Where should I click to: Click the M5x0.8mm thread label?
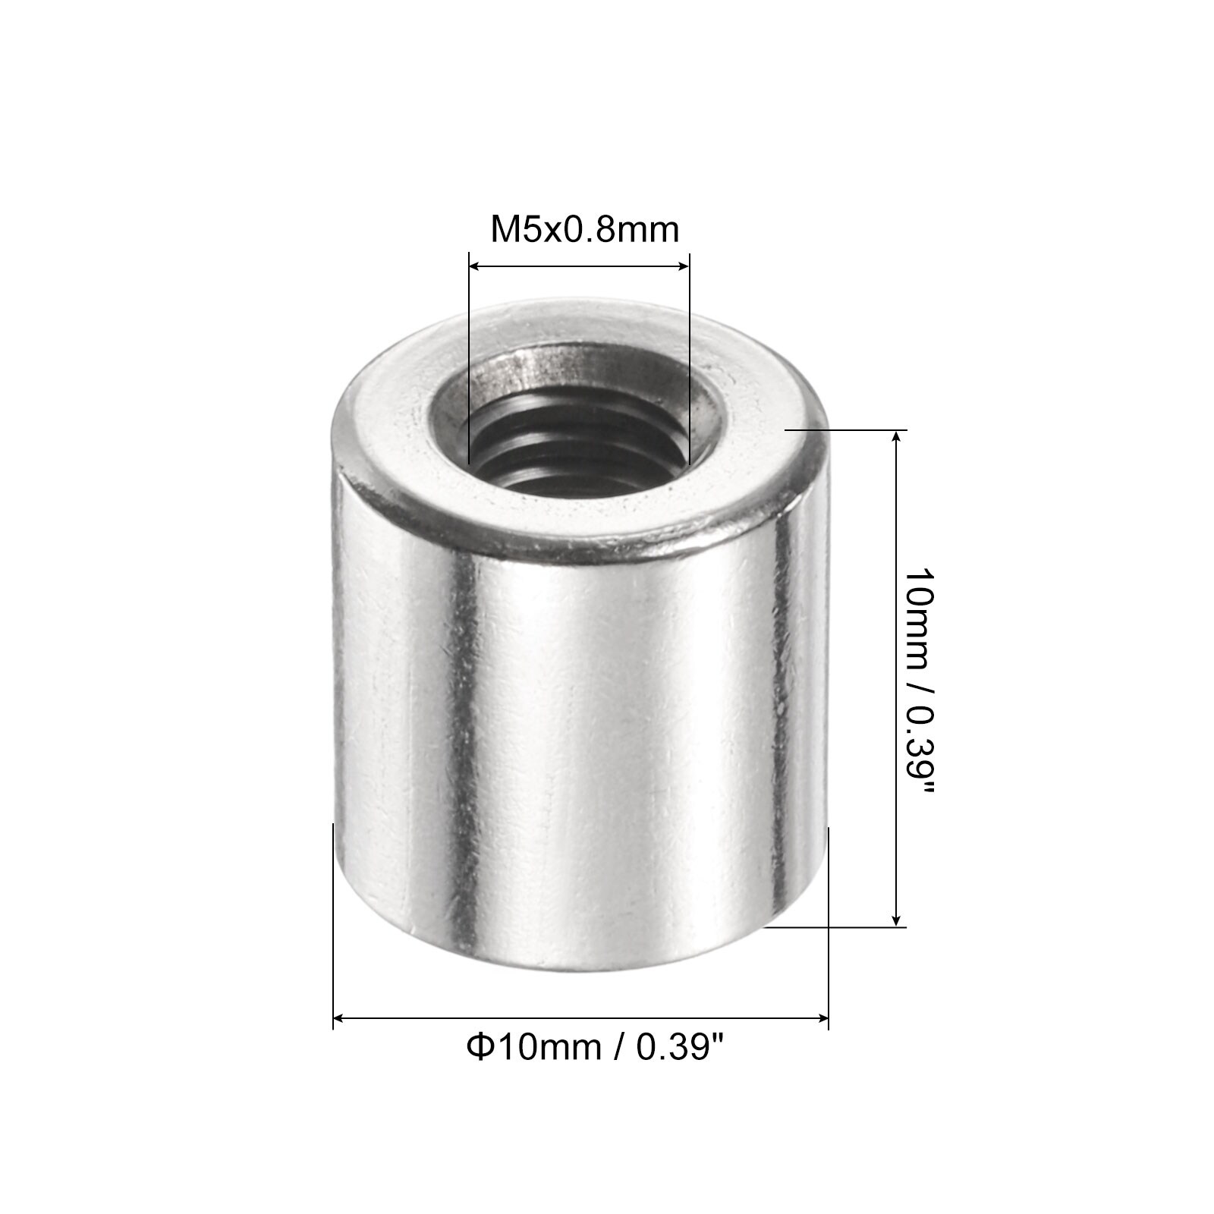click(x=584, y=230)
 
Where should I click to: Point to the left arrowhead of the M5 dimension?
click(x=475, y=266)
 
